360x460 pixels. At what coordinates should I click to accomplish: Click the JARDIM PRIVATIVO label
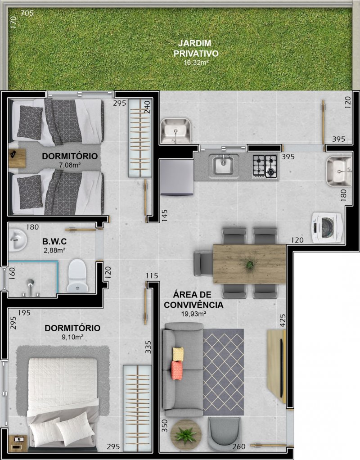click(x=196, y=49)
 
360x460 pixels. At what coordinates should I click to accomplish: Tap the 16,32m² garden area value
click(x=196, y=62)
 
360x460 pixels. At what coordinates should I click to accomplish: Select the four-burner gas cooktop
click(x=265, y=167)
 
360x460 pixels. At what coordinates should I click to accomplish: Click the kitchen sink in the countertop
click(x=223, y=165)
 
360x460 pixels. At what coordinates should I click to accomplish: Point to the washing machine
click(x=327, y=228)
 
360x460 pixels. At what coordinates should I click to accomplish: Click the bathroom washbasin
click(x=17, y=240)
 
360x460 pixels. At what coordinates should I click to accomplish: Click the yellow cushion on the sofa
click(x=178, y=354)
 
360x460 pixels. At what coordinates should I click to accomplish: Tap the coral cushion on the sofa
click(x=177, y=370)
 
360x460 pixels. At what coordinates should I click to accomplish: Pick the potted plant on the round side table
click(x=185, y=434)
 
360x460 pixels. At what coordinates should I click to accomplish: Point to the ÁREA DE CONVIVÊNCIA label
click(x=193, y=299)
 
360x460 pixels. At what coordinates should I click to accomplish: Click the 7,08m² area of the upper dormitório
click(x=70, y=165)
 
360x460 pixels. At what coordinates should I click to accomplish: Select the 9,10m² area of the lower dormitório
click(x=72, y=337)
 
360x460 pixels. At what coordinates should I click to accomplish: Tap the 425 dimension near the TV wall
click(x=283, y=320)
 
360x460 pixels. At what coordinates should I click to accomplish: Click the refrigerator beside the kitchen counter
click(x=177, y=177)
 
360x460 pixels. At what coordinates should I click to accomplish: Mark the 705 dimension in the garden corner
click(x=27, y=13)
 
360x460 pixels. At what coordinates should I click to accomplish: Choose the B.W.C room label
click(x=54, y=241)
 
